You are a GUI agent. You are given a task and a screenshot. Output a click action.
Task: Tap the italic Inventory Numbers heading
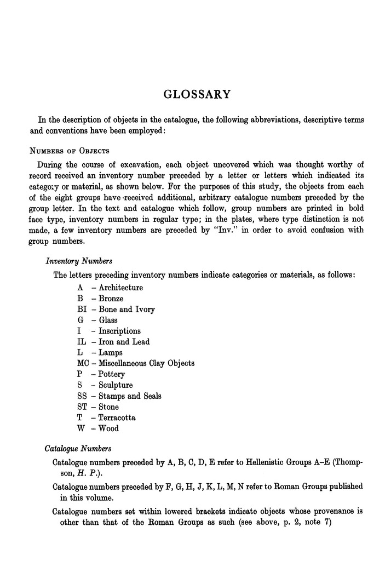tap(79, 261)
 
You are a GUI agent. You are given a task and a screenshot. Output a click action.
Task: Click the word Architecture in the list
tap(120, 288)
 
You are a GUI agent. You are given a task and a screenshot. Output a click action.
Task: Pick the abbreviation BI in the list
tap(82, 310)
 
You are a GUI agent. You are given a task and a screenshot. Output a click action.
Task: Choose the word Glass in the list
tap(108, 320)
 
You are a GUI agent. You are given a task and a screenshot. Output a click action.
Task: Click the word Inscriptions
tap(119, 331)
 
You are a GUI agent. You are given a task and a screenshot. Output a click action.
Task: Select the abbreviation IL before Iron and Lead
tap(82, 342)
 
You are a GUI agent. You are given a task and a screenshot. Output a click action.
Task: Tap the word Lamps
tap(110, 353)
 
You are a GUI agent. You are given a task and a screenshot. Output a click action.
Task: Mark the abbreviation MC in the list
tap(83, 363)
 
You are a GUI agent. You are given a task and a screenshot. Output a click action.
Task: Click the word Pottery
tap(112, 374)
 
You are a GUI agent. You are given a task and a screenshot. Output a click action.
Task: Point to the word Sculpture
tap(116, 385)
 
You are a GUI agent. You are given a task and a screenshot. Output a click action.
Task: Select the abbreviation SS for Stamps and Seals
tap(82, 396)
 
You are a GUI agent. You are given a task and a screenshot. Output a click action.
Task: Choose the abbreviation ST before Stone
tap(82, 407)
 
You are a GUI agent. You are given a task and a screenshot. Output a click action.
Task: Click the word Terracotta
tap(117, 417)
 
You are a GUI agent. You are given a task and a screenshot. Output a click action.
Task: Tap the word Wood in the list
tap(108, 428)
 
